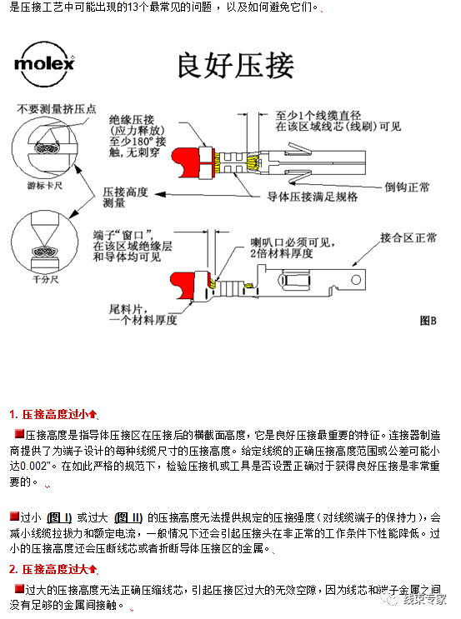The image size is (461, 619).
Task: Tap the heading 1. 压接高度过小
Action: click(x=53, y=413)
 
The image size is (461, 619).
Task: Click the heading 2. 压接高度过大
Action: click(x=53, y=569)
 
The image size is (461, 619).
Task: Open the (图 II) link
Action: click(x=128, y=517)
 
